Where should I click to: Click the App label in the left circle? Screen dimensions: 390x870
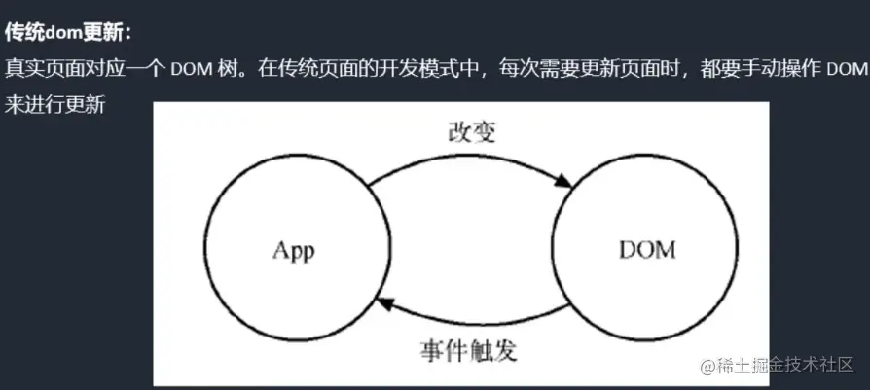[294, 251]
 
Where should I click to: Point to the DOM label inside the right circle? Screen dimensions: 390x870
[646, 251]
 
